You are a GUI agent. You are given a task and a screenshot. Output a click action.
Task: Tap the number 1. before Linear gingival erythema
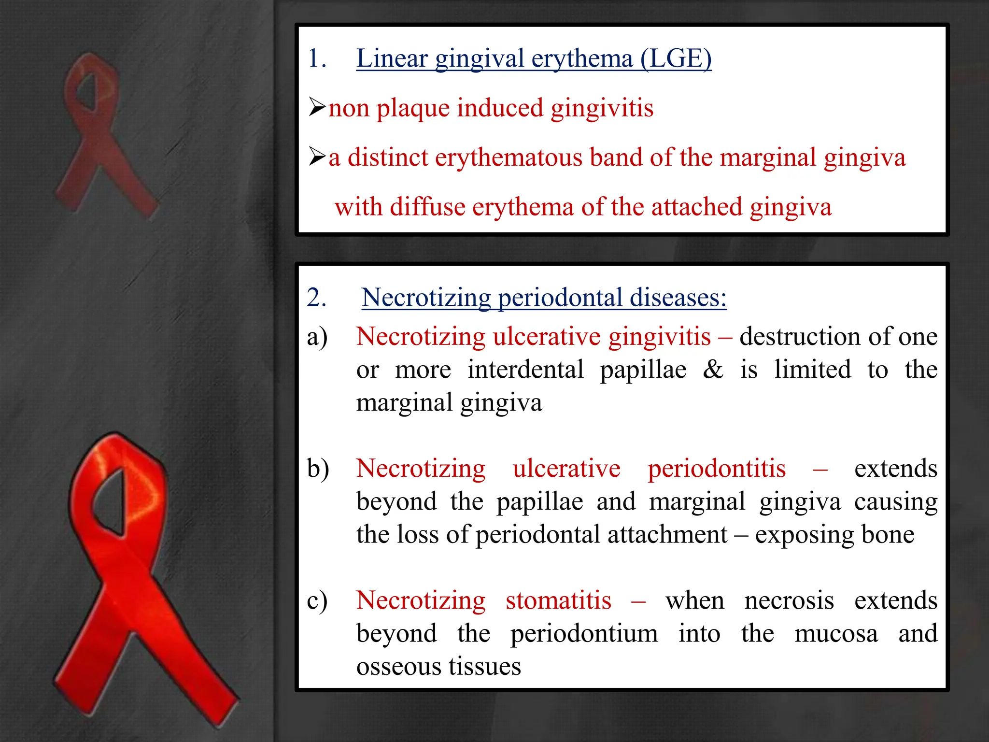(317, 59)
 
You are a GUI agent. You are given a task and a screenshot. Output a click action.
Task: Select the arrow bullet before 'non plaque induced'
(317, 107)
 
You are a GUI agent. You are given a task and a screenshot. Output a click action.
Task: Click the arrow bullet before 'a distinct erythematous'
(317, 157)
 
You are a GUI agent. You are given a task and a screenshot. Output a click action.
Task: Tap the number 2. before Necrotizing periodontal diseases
(317, 297)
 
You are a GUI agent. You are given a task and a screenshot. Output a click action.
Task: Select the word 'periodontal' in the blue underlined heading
(560, 298)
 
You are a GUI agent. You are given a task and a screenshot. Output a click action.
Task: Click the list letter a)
(317, 337)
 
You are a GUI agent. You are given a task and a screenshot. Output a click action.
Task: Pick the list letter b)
(318, 469)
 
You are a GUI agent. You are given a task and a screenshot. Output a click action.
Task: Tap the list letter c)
(317, 600)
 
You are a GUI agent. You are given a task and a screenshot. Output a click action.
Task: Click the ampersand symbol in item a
(713, 370)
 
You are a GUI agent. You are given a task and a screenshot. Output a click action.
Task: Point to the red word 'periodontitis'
(716, 469)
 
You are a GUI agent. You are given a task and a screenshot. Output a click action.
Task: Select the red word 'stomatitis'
(558, 600)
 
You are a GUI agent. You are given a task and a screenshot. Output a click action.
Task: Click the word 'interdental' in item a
(525, 370)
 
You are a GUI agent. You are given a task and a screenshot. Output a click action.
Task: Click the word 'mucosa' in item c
(836, 634)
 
